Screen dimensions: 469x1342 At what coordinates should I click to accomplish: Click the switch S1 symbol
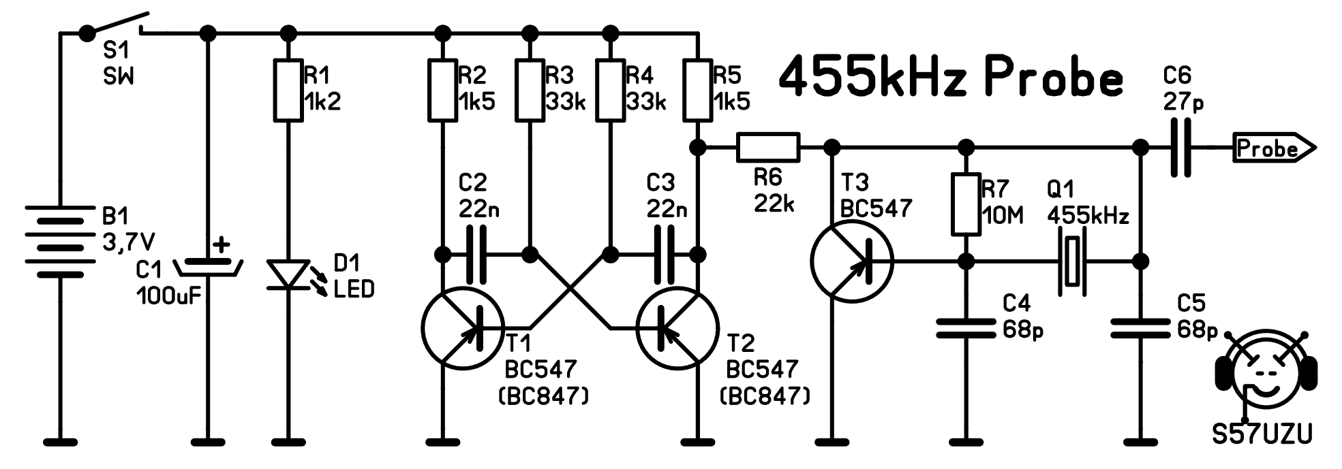pyautogui.click(x=116, y=24)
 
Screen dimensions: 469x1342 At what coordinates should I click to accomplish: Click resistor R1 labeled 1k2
pyautogui.click(x=288, y=91)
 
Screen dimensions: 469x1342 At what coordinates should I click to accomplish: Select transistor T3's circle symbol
pyautogui.click(x=852, y=261)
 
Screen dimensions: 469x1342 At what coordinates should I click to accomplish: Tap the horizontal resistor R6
pyautogui.click(x=767, y=147)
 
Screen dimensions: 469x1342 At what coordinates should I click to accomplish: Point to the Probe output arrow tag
pyautogui.click(x=1272, y=148)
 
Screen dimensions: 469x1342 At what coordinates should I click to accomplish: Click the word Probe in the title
pyautogui.click(x=1053, y=78)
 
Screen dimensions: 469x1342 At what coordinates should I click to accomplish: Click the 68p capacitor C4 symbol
pyautogui.click(x=966, y=328)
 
